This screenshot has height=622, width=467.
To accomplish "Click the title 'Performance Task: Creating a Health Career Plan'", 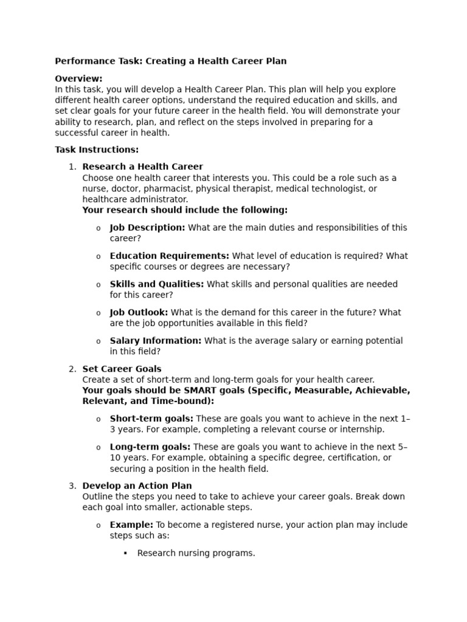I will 170,61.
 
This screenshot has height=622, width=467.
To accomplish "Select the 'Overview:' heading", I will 78,78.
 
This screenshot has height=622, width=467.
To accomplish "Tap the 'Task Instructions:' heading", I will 97,149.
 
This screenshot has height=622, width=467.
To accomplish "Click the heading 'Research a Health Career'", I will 142,166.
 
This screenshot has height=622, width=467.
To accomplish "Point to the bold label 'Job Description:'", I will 147,227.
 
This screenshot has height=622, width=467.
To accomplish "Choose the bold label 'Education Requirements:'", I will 169,256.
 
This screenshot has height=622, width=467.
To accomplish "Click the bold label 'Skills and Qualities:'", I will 156,284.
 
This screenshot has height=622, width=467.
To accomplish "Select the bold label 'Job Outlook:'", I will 139,312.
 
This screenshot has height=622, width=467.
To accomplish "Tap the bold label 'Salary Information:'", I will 155,341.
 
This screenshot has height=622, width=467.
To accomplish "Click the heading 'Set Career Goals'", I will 122,369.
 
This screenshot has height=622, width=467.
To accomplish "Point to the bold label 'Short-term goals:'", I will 151,418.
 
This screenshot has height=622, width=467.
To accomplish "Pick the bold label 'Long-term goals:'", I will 150,446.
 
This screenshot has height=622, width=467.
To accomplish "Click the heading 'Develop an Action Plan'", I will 137,486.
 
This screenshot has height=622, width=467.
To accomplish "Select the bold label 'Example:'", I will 131,525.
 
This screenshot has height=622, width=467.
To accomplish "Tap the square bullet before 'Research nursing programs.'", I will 125,553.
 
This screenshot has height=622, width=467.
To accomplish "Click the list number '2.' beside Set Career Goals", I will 72,369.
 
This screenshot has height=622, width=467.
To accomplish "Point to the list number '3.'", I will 72,486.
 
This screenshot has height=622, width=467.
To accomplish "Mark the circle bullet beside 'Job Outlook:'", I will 99,313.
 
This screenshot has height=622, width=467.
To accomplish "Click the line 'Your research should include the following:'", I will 185,210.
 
